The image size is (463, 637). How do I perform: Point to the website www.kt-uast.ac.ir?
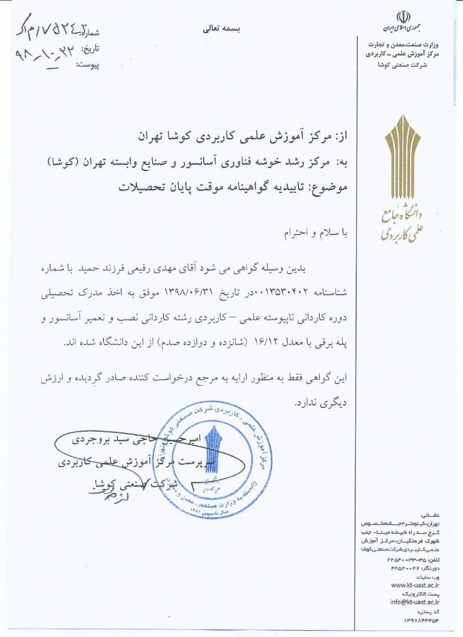[415, 585]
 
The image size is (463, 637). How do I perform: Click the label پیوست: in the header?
[89, 64]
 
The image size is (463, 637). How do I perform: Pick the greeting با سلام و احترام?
[313, 234]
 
